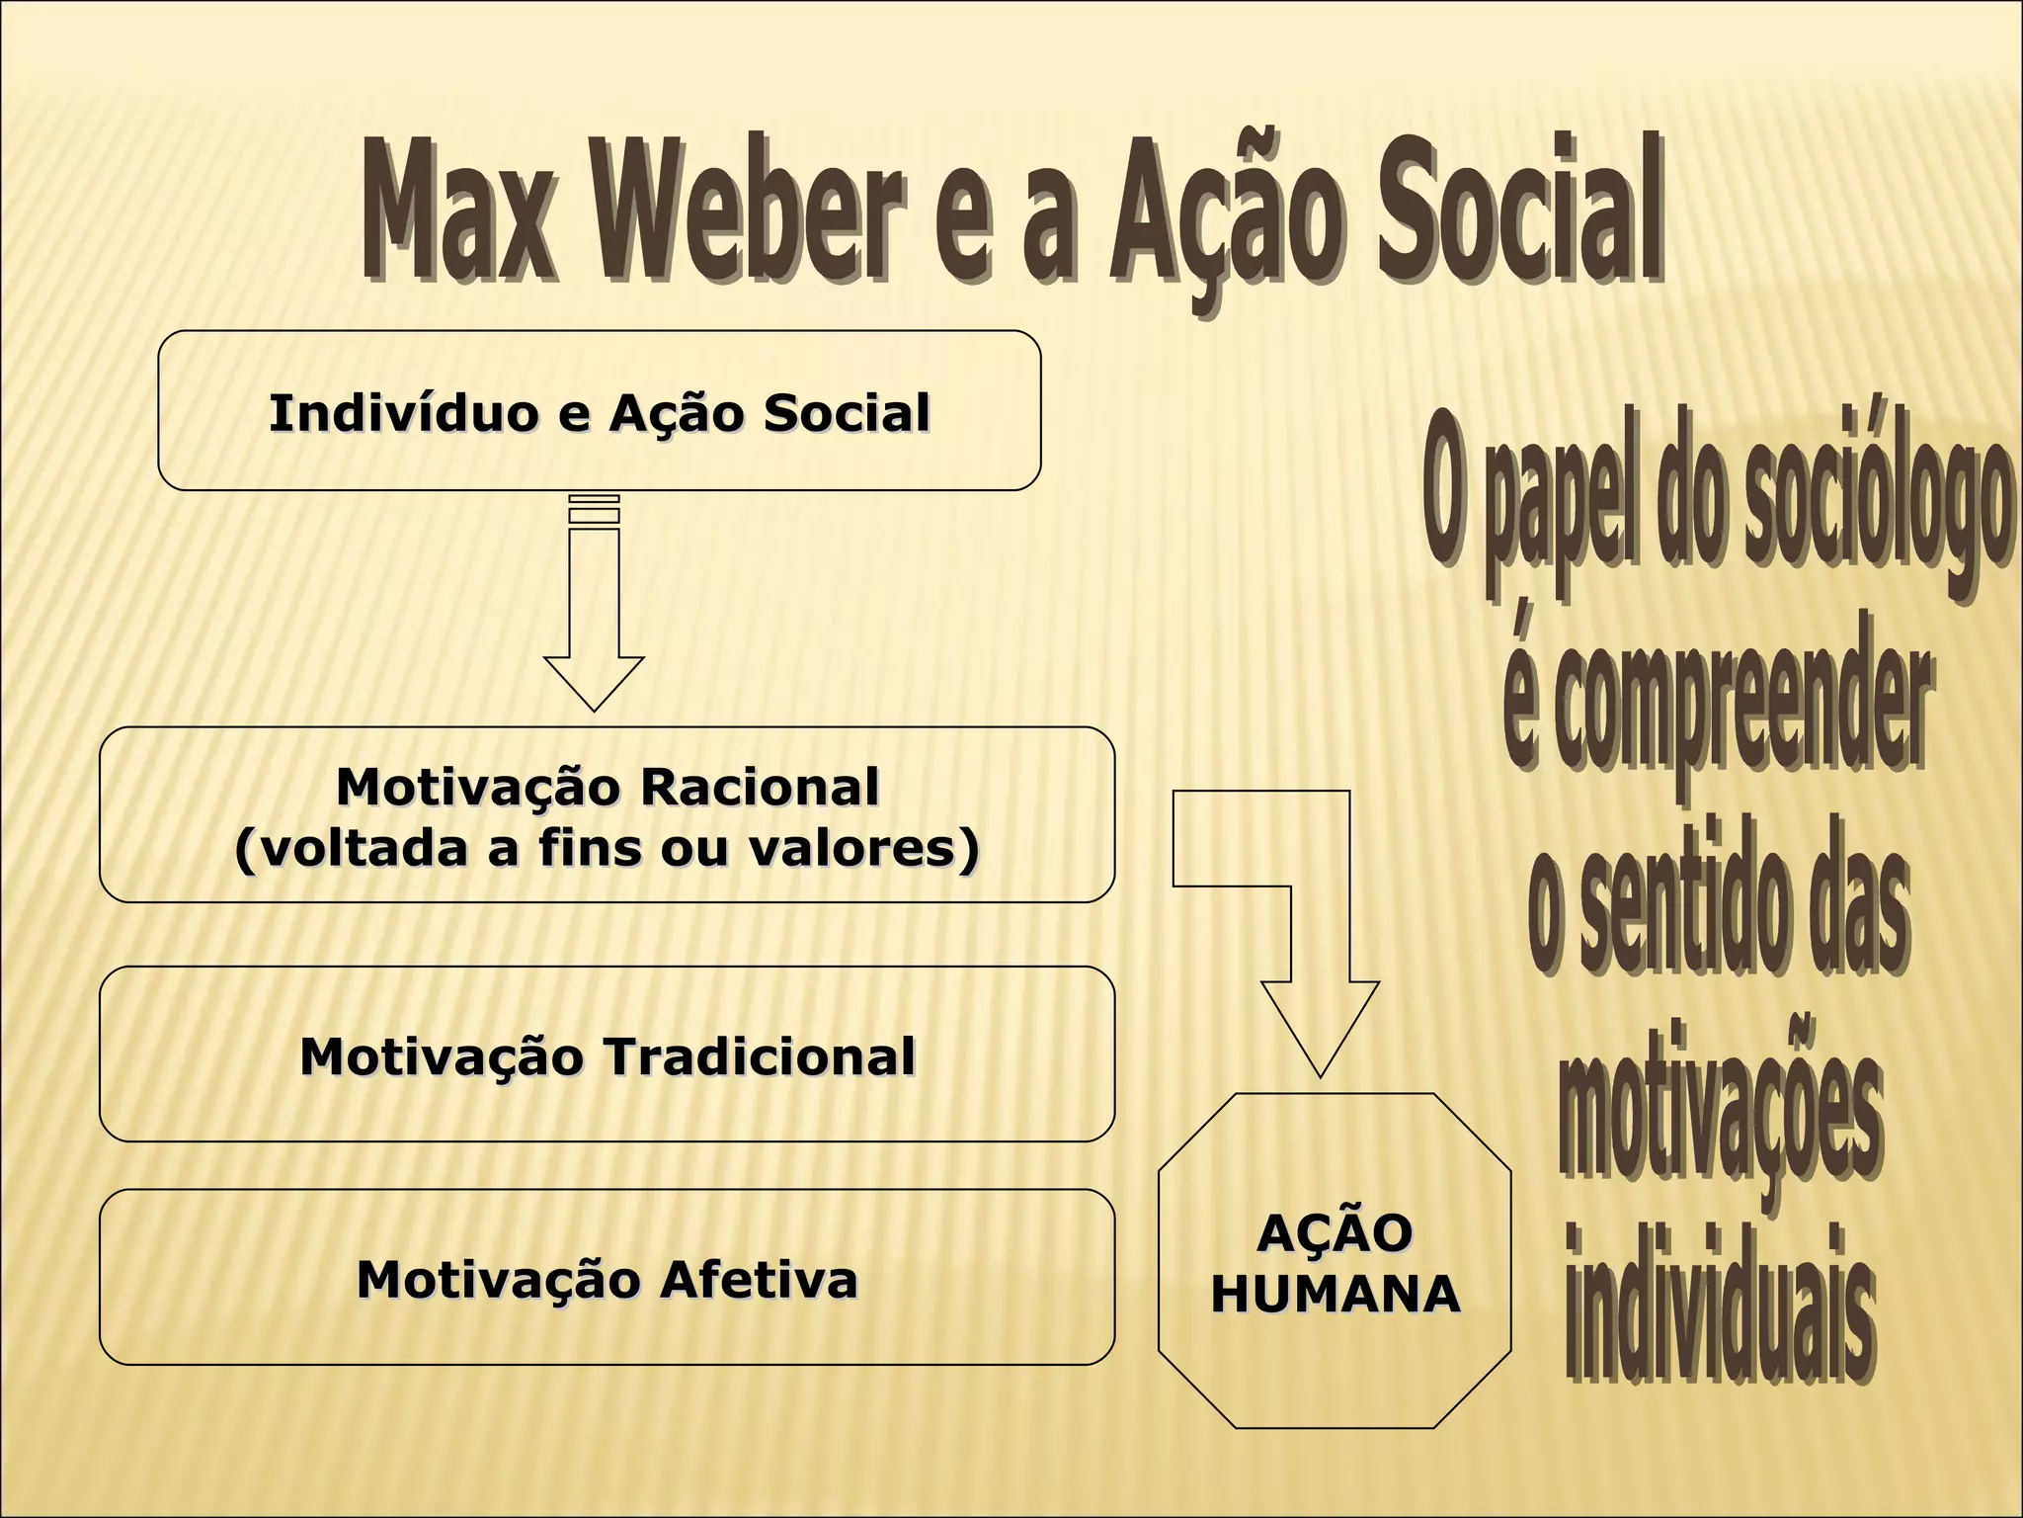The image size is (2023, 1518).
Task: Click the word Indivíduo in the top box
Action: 403,413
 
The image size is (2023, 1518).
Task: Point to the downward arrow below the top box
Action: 594,632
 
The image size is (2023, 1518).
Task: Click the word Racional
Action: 759,788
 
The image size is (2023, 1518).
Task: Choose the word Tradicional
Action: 759,1056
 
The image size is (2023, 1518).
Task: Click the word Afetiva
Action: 759,1280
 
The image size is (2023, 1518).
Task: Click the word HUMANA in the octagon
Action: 1335,1294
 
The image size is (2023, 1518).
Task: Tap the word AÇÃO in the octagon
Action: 1335,1233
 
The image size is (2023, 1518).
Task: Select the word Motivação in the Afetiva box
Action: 499,1280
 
